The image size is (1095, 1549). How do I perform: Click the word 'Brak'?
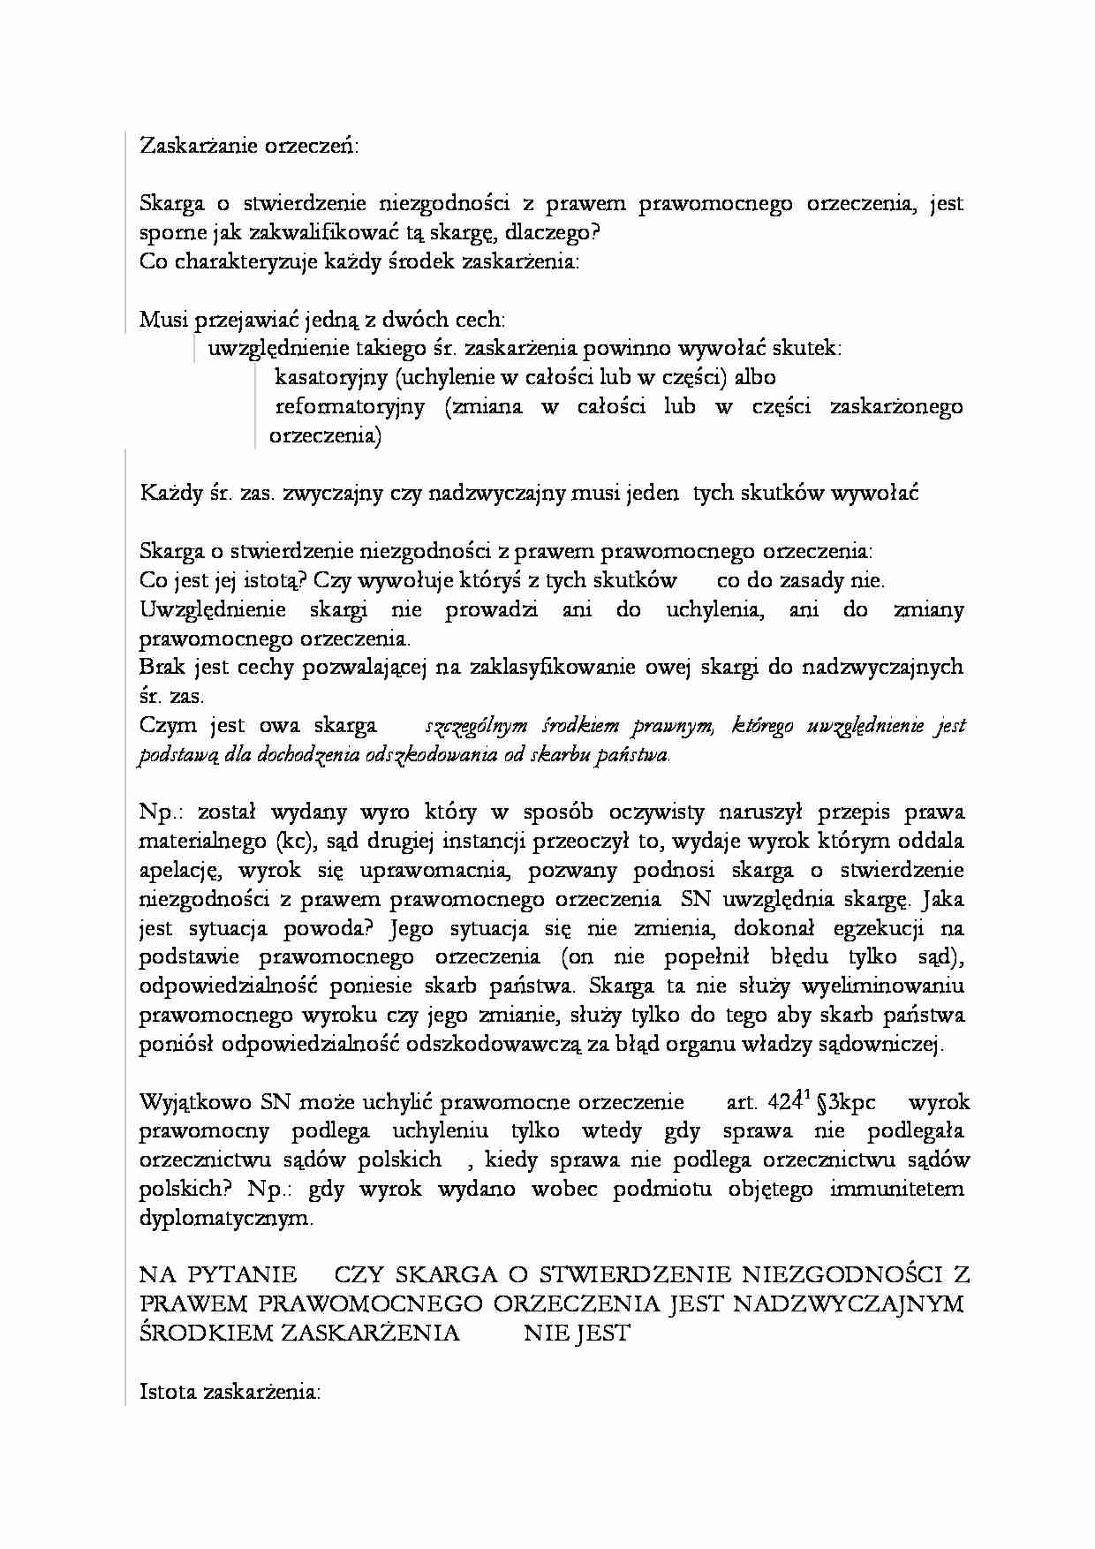point(162,668)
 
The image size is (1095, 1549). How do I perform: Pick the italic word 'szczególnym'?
point(476,727)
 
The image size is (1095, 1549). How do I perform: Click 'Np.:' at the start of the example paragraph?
point(162,812)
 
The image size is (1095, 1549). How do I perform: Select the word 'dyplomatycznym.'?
point(226,1219)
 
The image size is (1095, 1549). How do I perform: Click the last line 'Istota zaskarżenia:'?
point(230,1392)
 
